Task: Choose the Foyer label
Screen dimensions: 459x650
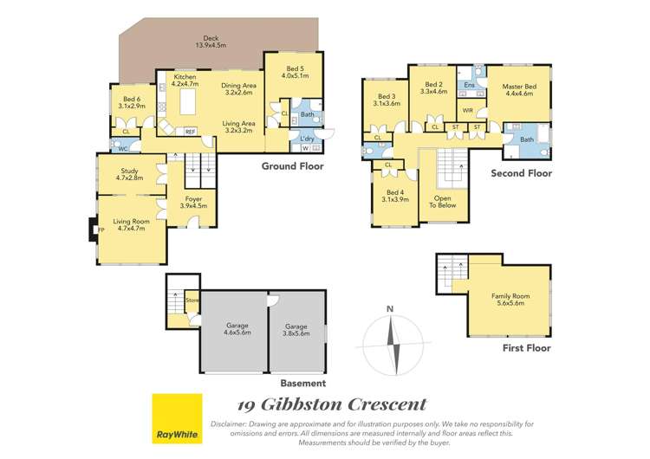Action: tap(192, 203)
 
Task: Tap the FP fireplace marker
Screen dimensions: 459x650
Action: tap(101, 230)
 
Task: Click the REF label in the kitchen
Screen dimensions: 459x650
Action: tap(190, 132)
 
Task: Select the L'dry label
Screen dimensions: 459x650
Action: tap(307, 139)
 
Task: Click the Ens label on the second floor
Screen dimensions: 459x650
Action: tap(468, 85)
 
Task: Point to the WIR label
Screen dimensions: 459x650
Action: tap(467, 111)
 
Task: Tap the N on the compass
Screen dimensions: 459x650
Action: tap(391, 309)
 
